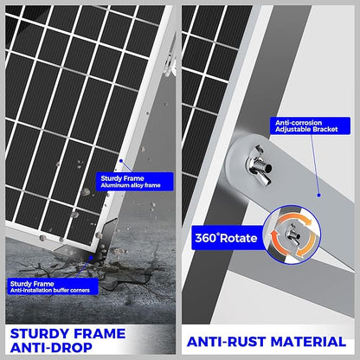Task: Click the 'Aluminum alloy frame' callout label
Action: point(135,182)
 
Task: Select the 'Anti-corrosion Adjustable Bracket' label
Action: point(310,125)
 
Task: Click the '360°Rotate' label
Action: point(228,238)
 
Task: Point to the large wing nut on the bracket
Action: point(259,165)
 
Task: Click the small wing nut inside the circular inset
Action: point(292,235)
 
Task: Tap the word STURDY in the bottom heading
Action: point(39,334)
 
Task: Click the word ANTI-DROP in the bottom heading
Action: point(51,347)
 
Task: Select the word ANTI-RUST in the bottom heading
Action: point(226,342)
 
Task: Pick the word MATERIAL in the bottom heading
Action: point(308,342)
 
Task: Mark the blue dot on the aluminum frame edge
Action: point(121,161)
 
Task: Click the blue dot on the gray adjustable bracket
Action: point(318,196)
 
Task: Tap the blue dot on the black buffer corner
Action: point(92,256)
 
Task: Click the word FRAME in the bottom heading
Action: point(100,334)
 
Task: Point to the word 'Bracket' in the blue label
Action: point(325,129)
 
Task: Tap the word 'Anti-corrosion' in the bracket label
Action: point(299,123)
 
